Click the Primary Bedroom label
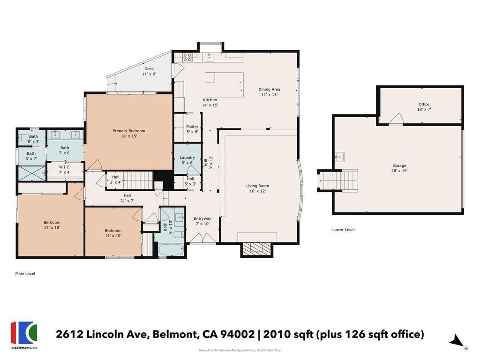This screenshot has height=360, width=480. click(x=129, y=133)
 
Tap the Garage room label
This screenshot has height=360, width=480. click(x=399, y=168)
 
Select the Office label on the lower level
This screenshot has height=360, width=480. click(x=424, y=106)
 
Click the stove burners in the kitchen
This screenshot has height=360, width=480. click(x=187, y=57)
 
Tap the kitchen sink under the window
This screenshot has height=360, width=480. click(x=210, y=57)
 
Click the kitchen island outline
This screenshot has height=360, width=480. click(x=224, y=84)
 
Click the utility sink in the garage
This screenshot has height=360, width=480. click(x=339, y=157)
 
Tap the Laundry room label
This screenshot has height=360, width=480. click(x=187, y=160)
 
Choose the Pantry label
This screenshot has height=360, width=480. click(x=192, y=129)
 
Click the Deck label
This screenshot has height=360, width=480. click(x=149, y=71)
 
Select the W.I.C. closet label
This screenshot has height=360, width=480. click(x=65, y=170)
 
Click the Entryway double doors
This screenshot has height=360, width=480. click(x=202, y=238)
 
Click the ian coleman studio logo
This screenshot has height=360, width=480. click(x=24, y=335)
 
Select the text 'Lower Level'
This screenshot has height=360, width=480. click(x=344, y=230)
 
